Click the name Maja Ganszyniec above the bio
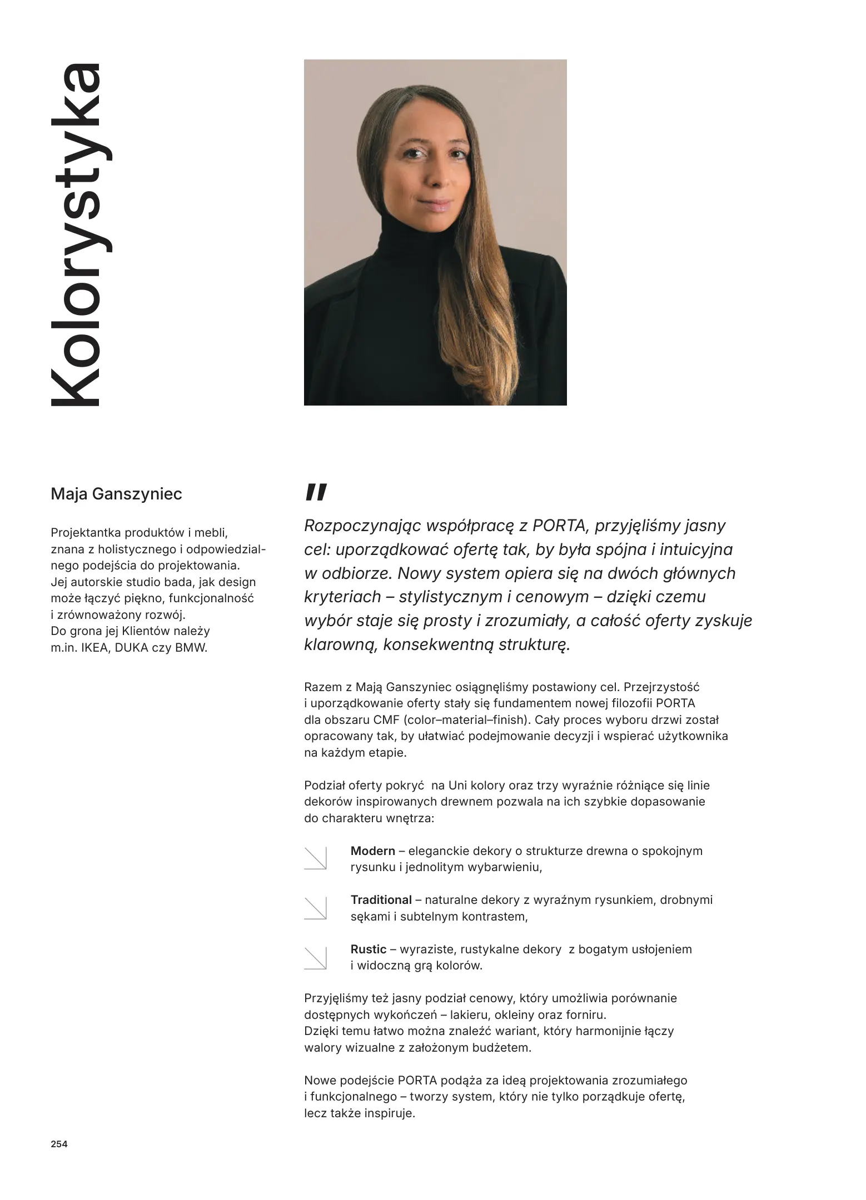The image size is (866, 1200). (116, 494)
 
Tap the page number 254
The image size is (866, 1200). (59, 1144)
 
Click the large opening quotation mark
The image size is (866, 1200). (316, 492)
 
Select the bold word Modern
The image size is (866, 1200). (372, 851)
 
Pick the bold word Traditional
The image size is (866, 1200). (381, 900)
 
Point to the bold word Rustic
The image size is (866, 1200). (368, 949)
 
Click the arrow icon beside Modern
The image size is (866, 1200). (315, 858)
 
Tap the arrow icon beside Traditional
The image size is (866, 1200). (315, 908)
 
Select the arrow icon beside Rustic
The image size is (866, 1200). (315, 957)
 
